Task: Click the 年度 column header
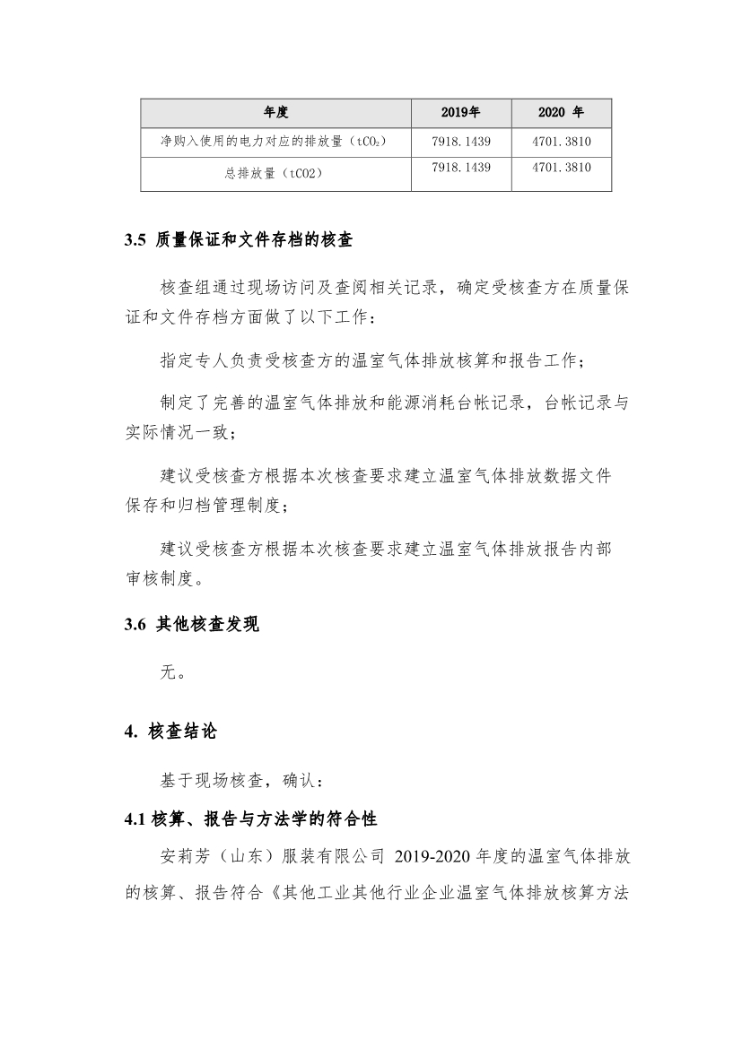pos(275,113)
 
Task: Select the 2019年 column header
pos(461,113)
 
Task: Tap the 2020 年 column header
pos(561,113)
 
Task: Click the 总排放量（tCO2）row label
pos(274,174)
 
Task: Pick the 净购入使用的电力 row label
pos(274,142)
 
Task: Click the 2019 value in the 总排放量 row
pos(461,168)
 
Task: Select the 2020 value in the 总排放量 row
pos(562,168)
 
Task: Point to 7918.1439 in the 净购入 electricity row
pos(461,142)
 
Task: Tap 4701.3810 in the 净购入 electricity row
pos(562,142)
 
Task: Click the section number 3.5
pos(135,240)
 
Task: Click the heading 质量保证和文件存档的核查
pos(254,240)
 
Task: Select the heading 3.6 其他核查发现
pos(192,625)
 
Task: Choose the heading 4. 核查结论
pos(170,732)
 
